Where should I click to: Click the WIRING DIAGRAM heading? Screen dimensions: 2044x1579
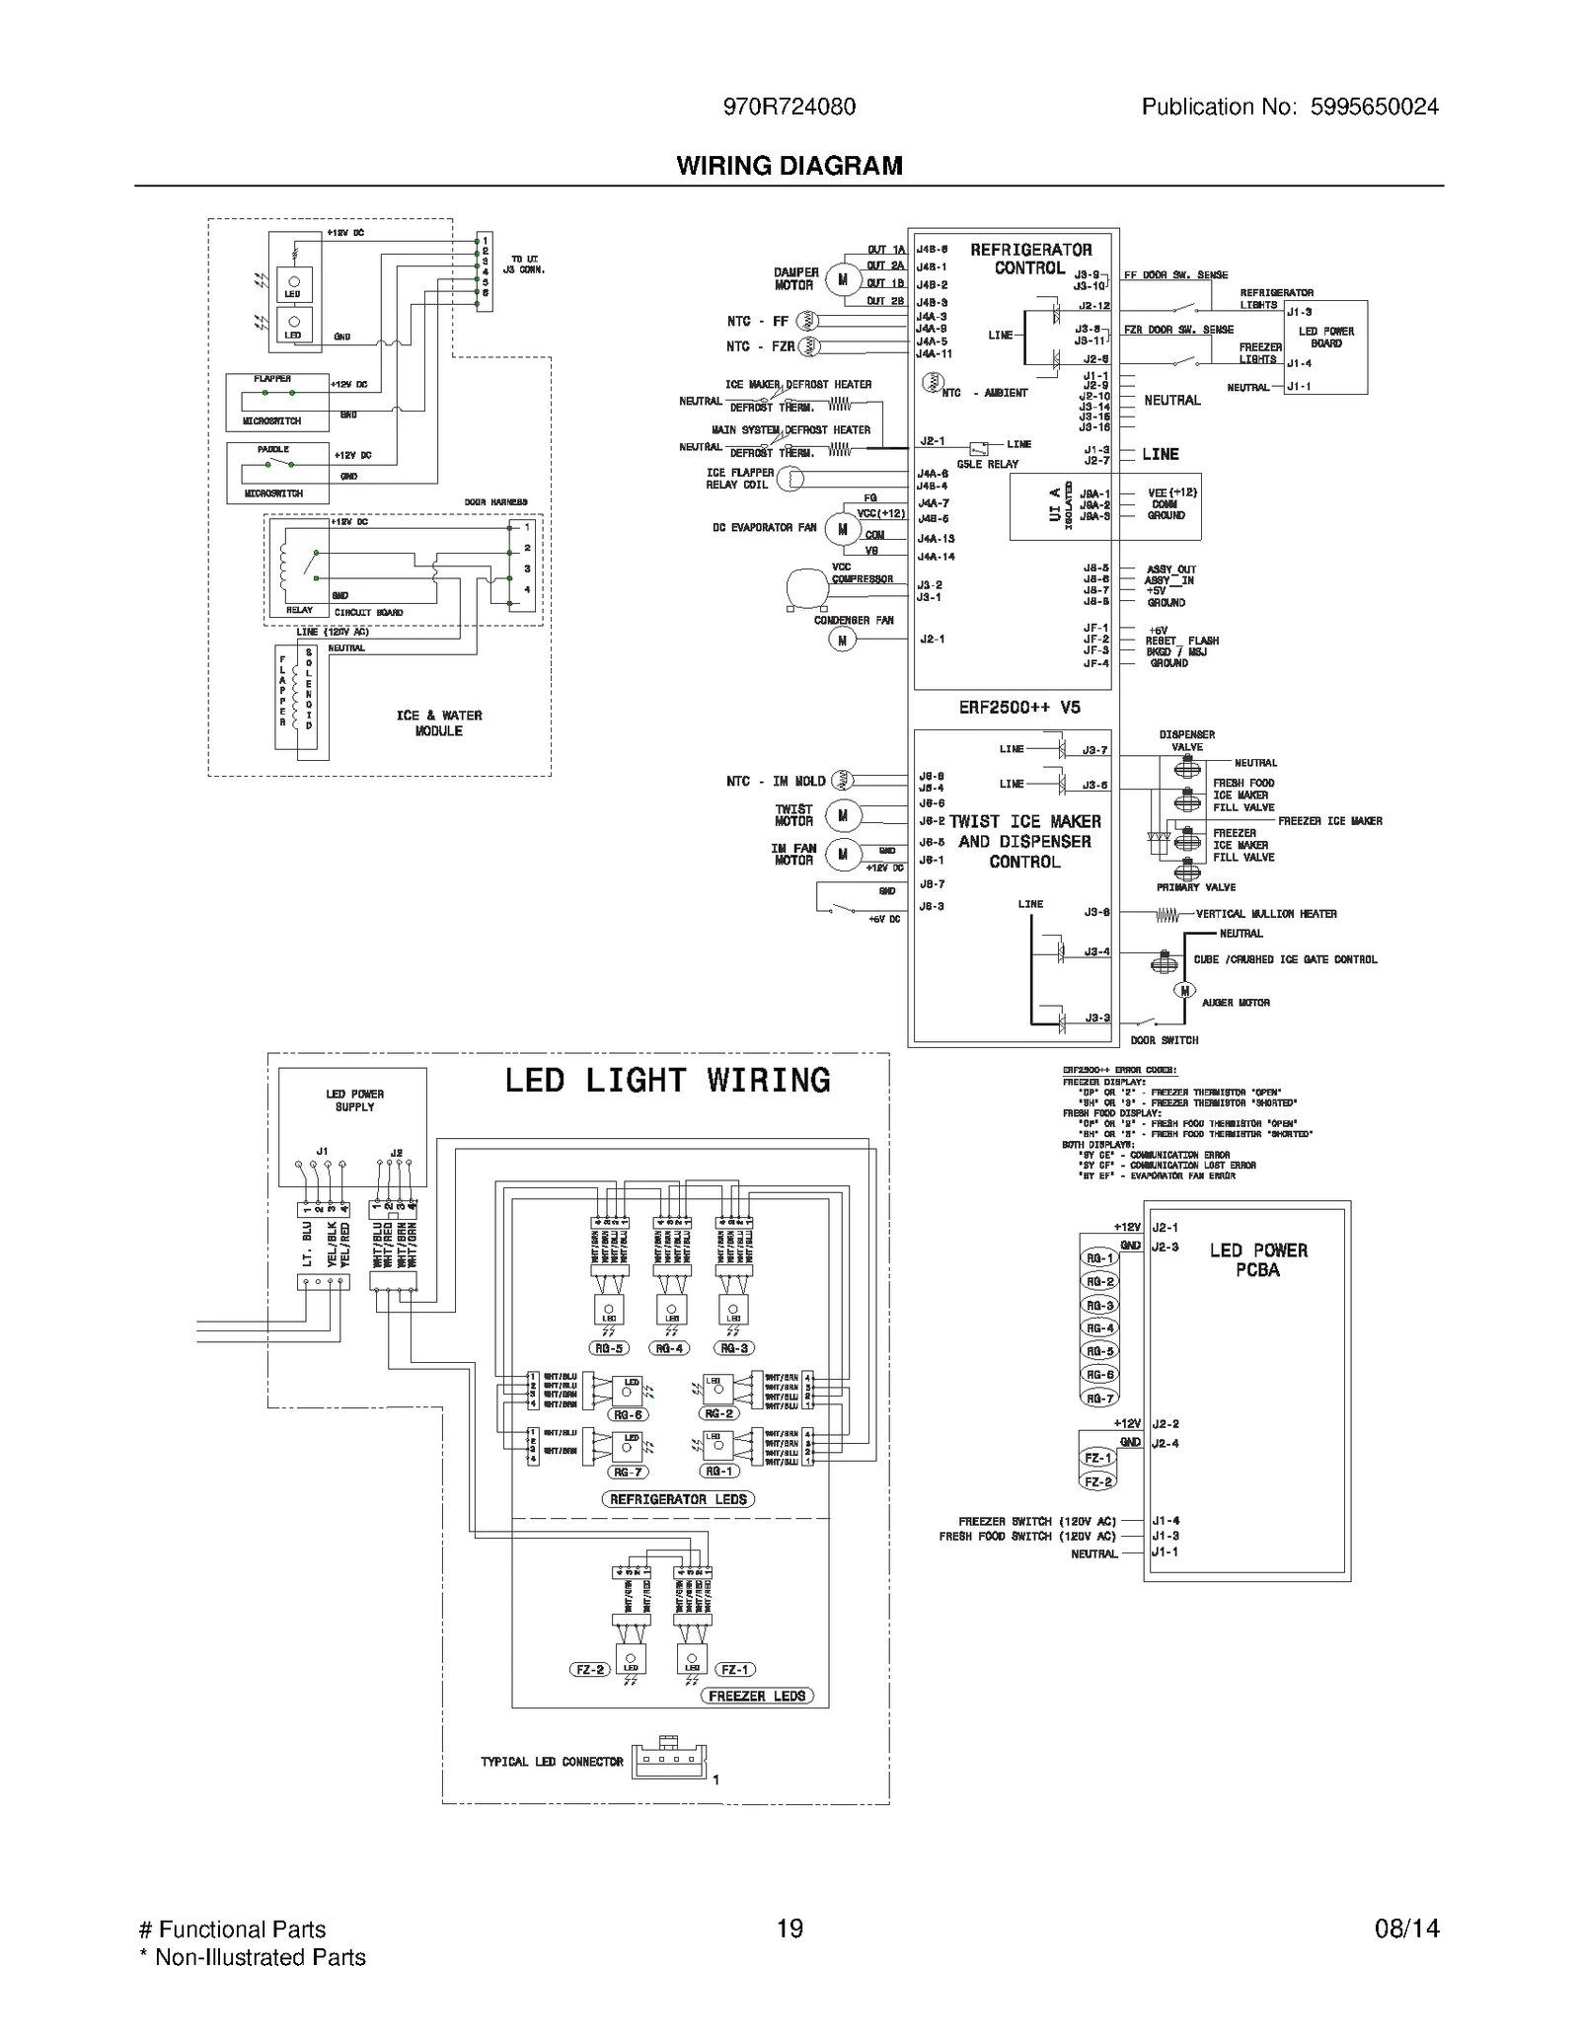click(x=789, y=166)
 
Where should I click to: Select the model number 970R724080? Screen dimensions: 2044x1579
click(x=789, y=107)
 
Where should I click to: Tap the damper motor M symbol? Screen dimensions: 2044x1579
click(x=842, y=279)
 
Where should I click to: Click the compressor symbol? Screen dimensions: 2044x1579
click(x=807, y=587)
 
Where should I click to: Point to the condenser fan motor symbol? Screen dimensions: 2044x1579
click(x=842, y=640)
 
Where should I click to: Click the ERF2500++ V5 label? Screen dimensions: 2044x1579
click(x=1018, y=707)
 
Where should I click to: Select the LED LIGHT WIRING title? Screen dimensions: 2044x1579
click(x=667, y=1080)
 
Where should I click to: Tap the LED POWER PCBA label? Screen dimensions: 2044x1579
click(x=1257, y=1259)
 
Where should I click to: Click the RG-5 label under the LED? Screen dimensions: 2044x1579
click(x=609, y=1348)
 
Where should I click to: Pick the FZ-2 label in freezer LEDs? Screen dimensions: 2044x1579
click(x=589, y=1670)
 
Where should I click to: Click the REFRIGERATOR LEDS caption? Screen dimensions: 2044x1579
click(x=677, y=1499)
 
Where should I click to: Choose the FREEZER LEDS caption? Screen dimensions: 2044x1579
click(x=757, y=1696)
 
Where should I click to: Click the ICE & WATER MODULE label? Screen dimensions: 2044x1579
click(x=439, y=722)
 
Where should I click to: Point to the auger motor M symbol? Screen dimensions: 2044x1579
click(x=1183, y=990)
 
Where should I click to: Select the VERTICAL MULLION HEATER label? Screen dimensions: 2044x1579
click(x=1265, y=914)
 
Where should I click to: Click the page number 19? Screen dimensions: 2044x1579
click(x=789, y=1929)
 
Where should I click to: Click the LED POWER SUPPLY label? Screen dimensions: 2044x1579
click(x=354, y=1100)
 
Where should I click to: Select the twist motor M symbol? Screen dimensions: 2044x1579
click(x=842, y=815)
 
